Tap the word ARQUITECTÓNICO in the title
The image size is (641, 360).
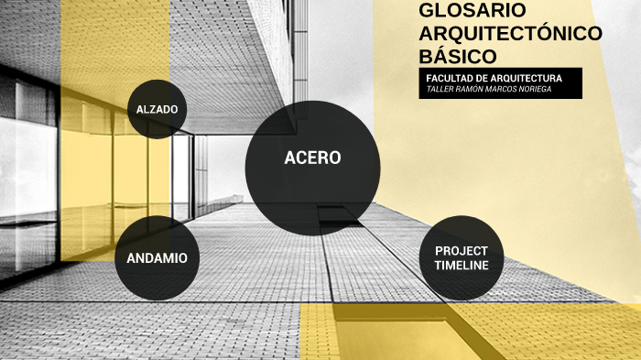pyautogui.click(x=510, y=33)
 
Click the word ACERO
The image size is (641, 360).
pyautogui.click(x=312, y=158)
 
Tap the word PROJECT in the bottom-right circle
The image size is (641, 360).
pyautogui.click(x=462, y=250)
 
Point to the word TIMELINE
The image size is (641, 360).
pyautogui.click(x=462, y=265)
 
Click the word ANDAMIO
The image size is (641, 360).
pyautogui.click(x=156, y=258)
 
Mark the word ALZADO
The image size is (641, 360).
pyautogui.click(x=157, y=110)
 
